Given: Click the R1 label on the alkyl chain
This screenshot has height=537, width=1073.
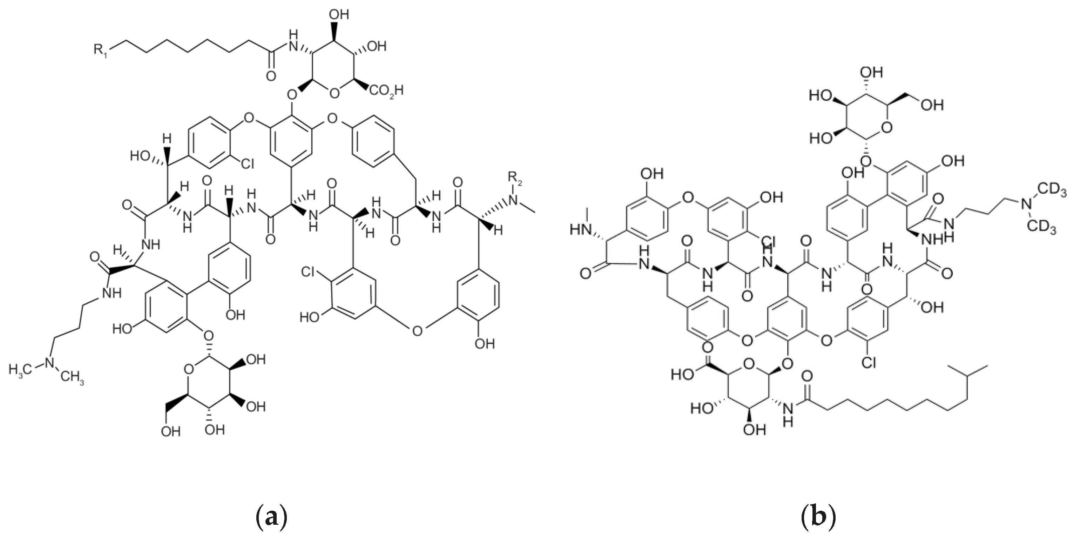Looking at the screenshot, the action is (x=100, y=51).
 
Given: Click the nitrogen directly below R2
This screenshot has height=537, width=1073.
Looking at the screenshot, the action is (x=514, y=200).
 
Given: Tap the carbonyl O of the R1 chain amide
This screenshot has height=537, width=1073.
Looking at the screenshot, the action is (x=271, y=76).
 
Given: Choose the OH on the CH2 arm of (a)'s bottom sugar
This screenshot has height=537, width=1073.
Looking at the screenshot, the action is (x=171, y=431).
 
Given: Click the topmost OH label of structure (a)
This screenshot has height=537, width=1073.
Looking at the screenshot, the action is (x=339, y=15).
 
